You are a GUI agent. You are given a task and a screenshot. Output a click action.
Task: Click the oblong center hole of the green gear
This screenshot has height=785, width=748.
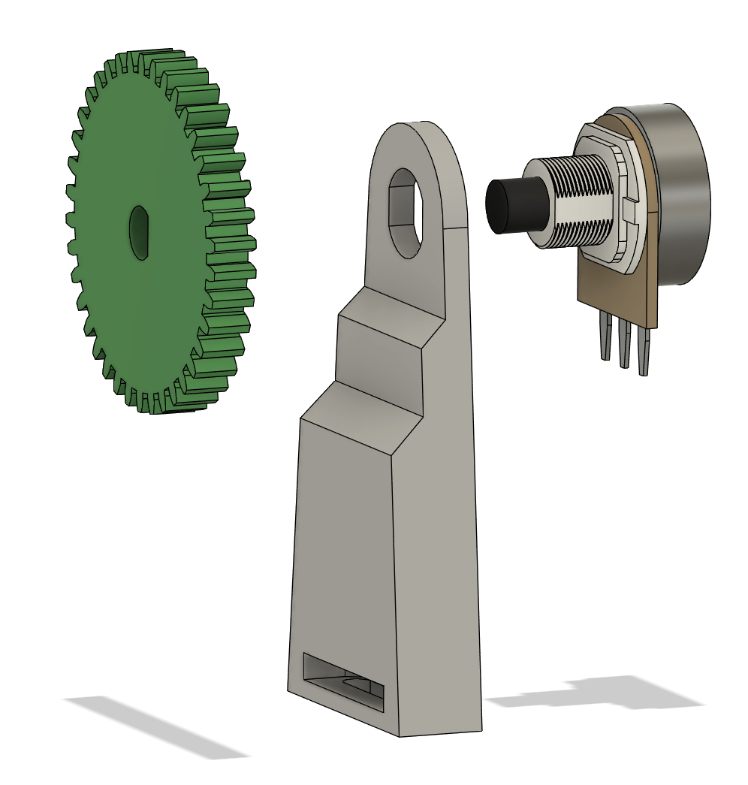point(139,233)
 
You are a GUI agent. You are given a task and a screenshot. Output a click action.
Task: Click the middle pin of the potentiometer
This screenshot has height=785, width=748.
point(623,346)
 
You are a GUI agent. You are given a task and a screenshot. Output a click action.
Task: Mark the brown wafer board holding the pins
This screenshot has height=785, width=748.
point(616,289)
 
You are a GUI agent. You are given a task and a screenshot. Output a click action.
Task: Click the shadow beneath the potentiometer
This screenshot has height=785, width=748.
point(601,695)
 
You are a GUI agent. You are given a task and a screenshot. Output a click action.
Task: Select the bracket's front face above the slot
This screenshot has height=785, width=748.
point(342,541)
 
